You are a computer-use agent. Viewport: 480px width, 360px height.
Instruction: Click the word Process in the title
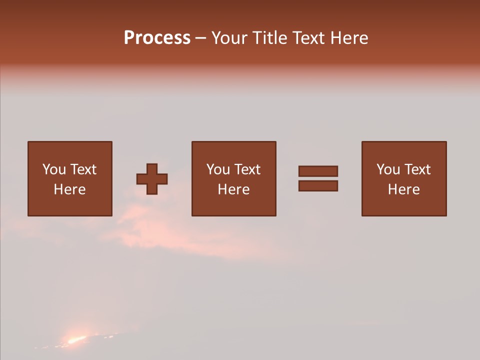tap(157, 38)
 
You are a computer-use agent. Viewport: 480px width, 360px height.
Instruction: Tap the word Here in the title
tap(348, 38)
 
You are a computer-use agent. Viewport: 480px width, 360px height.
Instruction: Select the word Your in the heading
tap(229, 38)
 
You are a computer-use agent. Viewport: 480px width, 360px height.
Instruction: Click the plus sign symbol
tap(152, 178)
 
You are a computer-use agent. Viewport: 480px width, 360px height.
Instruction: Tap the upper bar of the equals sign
tap(318, 171)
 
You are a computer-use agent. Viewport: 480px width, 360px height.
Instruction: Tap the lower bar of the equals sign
tap(318, 185)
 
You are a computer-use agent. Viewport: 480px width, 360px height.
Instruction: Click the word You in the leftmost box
tap(53, 169)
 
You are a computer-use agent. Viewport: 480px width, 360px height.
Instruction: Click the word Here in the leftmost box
tap(69, 189)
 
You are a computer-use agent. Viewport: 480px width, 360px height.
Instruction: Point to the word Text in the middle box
tap(247, 169)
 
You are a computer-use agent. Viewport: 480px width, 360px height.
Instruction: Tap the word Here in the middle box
tap(233, 189)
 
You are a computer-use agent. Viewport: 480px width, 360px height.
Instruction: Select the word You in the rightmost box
tap(387, 169)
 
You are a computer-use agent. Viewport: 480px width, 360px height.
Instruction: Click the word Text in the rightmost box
tap(417, 169)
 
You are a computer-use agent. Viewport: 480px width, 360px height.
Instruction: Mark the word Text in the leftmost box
tap(83, 169)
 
